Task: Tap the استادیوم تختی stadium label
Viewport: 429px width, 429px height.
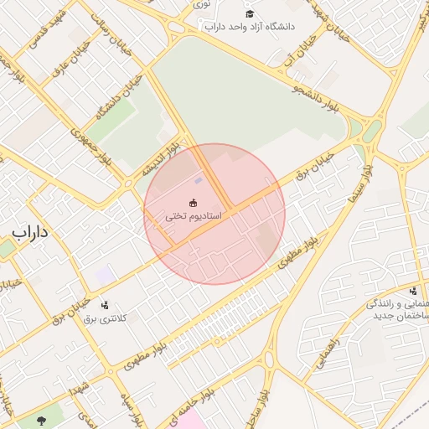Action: coord(193,216)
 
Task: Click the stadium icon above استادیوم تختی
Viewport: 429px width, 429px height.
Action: coord(194,202)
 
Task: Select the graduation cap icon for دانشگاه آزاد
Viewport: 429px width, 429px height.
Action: coord(249,13)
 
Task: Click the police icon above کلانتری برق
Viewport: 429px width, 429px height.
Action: coord(105,305)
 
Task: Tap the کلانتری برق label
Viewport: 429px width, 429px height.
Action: coord(105,319)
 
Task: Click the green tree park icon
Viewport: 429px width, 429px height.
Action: coord(46,413)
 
